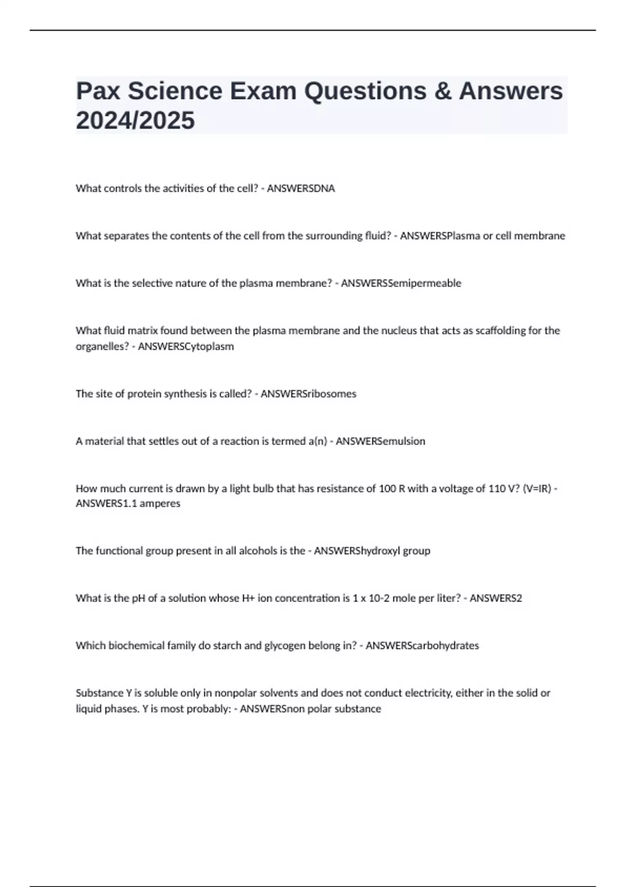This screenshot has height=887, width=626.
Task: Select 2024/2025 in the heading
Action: click(135, 121)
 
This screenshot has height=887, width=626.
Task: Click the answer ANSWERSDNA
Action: click(300, 188)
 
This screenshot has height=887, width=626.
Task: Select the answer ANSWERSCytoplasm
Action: click(186, 346)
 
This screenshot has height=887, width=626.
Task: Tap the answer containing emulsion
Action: click(380, 441)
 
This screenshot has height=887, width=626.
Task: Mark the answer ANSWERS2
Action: click(496, 598)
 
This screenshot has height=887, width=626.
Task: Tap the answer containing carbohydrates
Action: click(422, 646)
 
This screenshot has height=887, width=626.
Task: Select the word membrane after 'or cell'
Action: click(539, 236)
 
